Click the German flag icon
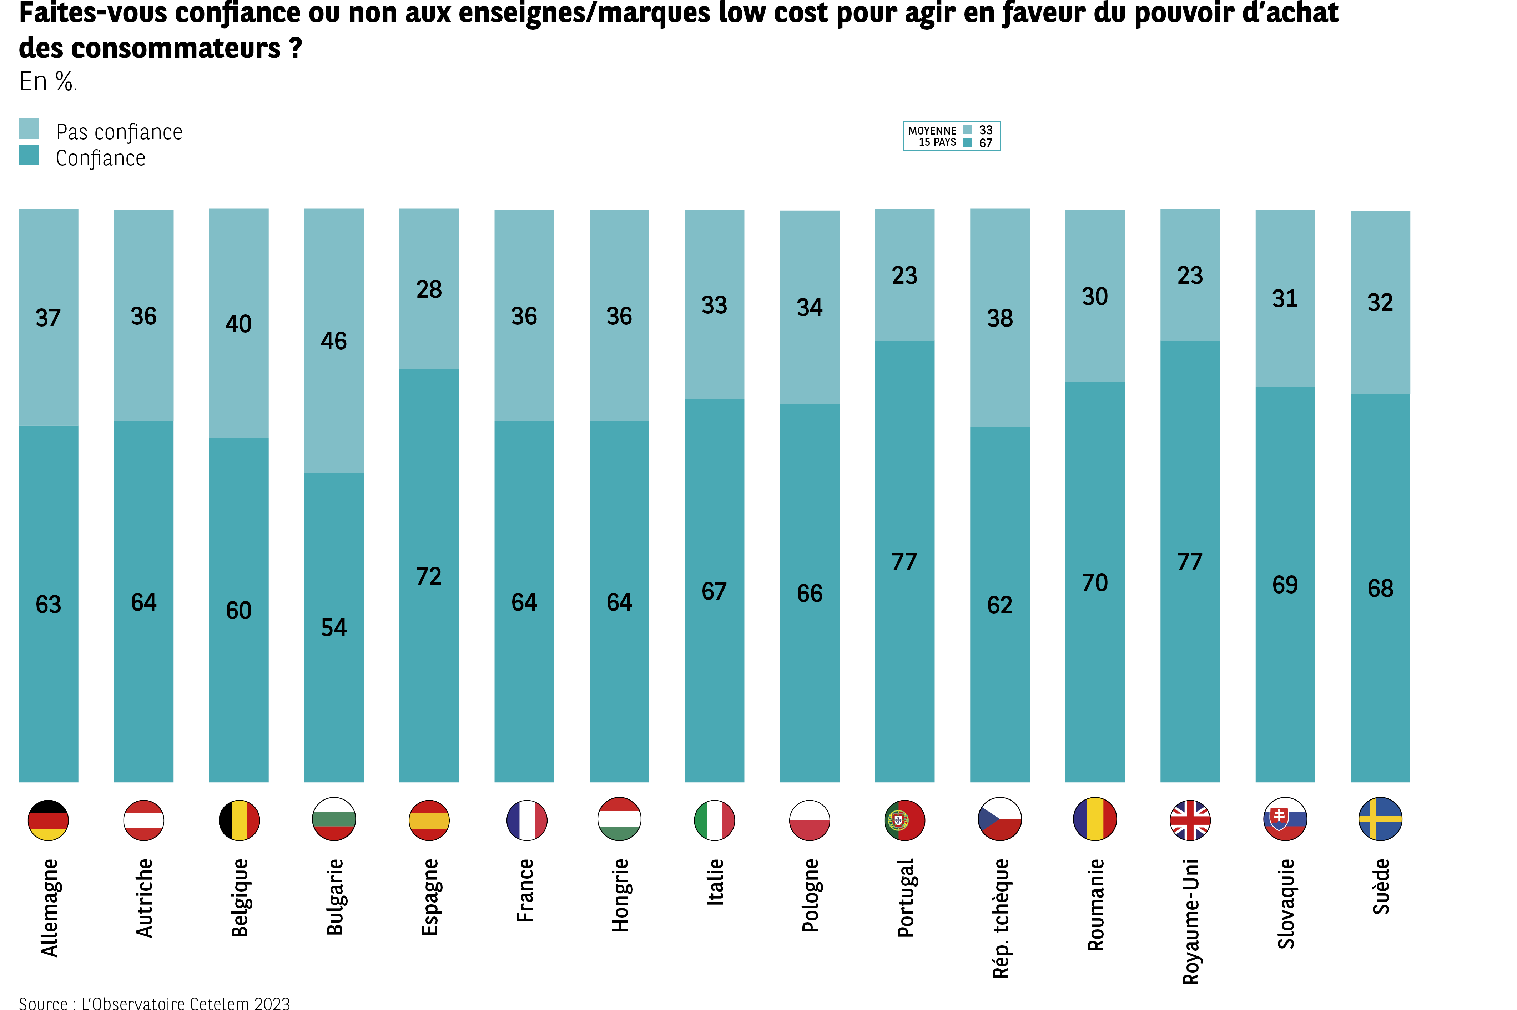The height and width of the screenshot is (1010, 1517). (x=48, y=820)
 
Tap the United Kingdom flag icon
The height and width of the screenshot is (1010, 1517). (x=1190, y=820)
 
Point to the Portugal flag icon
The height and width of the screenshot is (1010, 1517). (x=904, y=820)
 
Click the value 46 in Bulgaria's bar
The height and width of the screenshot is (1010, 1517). (x=334, y=341)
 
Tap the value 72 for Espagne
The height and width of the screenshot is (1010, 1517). (x=429, y=576)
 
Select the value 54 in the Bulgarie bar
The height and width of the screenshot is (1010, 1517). (x=334, y=627)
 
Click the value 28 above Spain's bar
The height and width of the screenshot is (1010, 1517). (x=429, y=289)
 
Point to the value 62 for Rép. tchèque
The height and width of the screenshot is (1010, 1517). (x=1000, y=605)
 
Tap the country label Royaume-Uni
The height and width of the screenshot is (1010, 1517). (x=1190, y=921)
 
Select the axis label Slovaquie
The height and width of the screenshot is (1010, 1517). (x=1286, y=904)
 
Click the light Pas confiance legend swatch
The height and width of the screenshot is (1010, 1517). (x=29, y=129)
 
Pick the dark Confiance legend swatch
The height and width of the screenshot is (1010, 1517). (x=29, y=155)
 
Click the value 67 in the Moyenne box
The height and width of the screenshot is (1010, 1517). (x=986, y=143)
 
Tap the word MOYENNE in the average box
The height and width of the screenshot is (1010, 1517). (x=932, y=131)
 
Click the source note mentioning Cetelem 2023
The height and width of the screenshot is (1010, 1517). (x=155, y=1002)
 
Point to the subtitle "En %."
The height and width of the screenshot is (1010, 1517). (x=48, y=82)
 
